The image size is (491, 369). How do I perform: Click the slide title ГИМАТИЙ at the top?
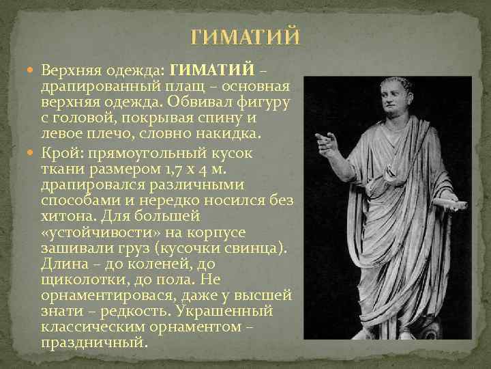(x=245, y=37)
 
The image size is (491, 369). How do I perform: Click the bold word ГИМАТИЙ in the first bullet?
(x=211, y=70)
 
